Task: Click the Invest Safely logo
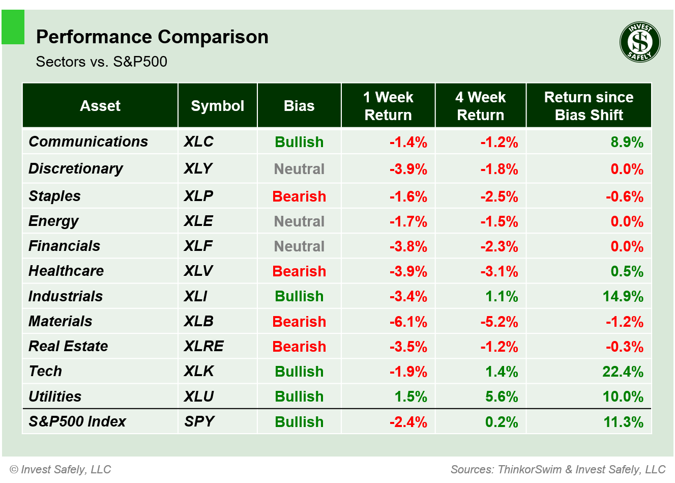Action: [x=640, y=42]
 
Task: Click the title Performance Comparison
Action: [x=152, y=37]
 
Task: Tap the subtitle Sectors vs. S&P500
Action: [x=102, y=62]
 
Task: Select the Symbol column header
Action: [x=217, y=106]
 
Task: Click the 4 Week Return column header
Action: [x=480, y=106]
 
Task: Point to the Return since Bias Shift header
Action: [x=589, y=106]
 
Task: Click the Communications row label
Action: [x=88, y=141]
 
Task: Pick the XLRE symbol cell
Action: [x=203, y=347]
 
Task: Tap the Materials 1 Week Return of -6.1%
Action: [x=408, y=322]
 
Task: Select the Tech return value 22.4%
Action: [x=623, y=372]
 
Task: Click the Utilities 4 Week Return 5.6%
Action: [x=501, y=396]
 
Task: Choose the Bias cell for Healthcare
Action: [x=299, y=271]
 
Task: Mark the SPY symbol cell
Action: [x=199, y=421]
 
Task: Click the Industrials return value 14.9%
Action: [x=623, y=296]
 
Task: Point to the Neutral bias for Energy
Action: [x=299, y=221]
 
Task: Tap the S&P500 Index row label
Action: [x=77, y=421]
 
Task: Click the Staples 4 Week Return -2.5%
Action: [x=499, y=196]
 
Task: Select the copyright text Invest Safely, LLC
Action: [x=61, y=469]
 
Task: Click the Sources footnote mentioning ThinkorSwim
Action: [x=557, y=469]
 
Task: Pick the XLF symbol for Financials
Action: [x=198, y=246]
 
